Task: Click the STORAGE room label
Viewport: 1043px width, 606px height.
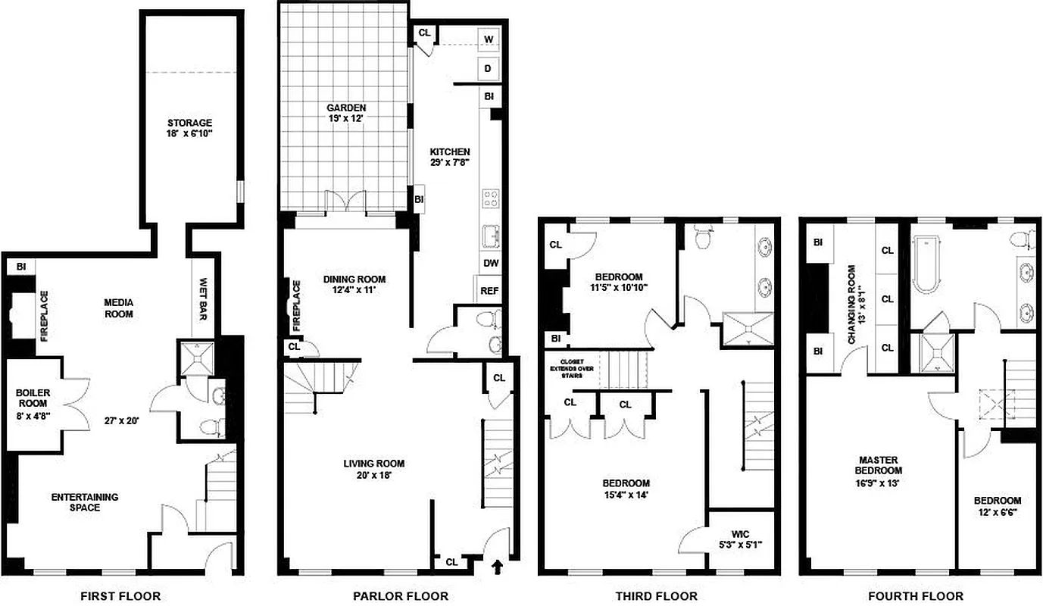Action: coord(190,123)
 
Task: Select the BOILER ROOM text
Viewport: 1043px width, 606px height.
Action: coord(33,398)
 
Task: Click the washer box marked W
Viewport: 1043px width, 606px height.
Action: coord(489,39)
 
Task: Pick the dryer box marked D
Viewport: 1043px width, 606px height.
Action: coord(489,69)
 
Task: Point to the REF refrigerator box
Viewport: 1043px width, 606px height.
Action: coord(489,290)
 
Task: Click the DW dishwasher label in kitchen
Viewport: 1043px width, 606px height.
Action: coord(491,264)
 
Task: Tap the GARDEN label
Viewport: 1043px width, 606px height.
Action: coord(347,108)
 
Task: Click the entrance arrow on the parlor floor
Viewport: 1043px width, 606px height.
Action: coord(498,566)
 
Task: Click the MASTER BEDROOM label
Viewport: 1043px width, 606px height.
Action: coord(879,465)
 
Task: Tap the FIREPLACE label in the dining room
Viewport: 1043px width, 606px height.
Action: coord(296,306)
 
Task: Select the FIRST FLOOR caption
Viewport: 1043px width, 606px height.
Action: coord(120,596)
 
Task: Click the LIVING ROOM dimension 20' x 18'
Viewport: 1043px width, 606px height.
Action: coord(374,476)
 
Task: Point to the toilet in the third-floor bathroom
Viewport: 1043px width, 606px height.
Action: coord(701,237)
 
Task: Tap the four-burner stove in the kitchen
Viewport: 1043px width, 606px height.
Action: coord(491,199)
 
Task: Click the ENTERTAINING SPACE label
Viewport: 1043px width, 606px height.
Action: coord(85,502)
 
